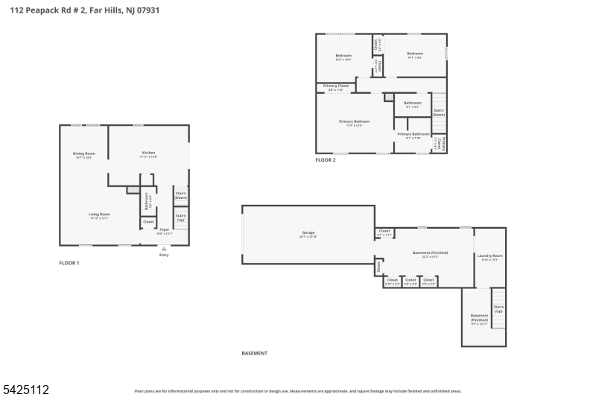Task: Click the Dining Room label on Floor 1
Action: [84, 155]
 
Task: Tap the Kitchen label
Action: [149, 154]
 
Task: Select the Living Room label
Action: [99, 215]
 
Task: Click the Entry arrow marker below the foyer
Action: [164, 249]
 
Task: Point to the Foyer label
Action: [164, 230]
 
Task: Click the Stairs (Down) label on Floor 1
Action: [180, 195]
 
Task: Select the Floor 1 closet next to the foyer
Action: [148, 221]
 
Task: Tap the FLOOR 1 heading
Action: [69, 263]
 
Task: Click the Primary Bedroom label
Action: [354, 122]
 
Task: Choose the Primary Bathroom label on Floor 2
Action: [413, 135]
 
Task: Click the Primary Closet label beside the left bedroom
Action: [336, 86]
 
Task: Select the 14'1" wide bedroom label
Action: [415, 54]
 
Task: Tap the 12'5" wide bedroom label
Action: [343, 57]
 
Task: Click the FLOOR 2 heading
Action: [326, 160]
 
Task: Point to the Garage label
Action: [308, 234]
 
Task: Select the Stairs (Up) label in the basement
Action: [498, 308]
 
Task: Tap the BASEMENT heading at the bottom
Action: [254, 353]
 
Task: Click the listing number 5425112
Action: [25, 389]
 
